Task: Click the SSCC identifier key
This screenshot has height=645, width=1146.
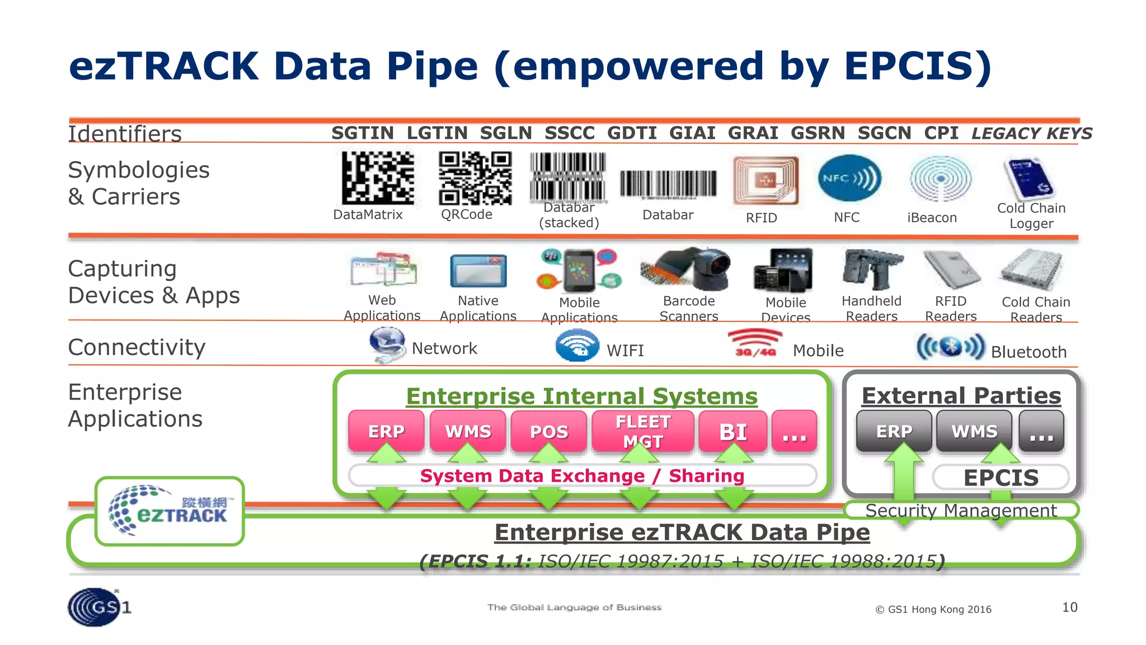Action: click(570, 133)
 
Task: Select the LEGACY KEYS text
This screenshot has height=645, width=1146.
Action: click(1031, 133)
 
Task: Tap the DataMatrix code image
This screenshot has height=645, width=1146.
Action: click(378, 177)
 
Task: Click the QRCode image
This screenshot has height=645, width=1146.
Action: click(475, 178)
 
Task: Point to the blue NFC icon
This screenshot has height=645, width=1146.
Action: click(848, 179)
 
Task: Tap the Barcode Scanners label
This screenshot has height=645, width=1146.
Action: click(689, 309)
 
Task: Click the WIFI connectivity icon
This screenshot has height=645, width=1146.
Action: click(577, 346)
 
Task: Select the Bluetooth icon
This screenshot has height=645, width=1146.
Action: click(950, 347)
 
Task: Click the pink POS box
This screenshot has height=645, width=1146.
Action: click(548, 431)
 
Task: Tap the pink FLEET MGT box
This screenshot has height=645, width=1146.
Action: click(642, 431)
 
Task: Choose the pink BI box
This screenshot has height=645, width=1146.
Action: click(732, 431)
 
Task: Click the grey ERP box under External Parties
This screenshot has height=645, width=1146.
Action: click(894, 431)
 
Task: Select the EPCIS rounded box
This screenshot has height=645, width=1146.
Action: click(1001, 478)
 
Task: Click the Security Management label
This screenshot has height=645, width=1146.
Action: click(961, 510)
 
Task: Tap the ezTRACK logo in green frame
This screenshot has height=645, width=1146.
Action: click(170, 511)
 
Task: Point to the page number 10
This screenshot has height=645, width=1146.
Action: click(1069, 607)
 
